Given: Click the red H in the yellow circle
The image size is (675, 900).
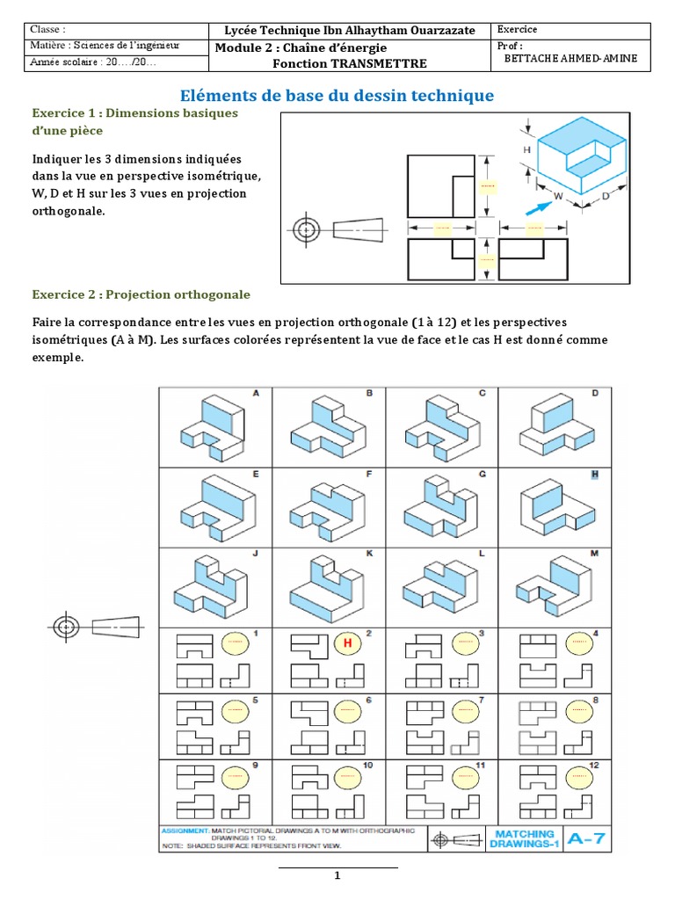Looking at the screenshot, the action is point(347,642).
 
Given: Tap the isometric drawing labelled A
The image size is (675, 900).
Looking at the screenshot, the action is point(213,428).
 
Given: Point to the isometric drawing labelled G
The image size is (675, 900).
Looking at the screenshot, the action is point(441,507).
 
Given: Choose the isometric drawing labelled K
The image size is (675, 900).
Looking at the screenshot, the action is point(326,589).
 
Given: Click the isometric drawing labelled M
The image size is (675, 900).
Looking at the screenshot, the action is point(554,586).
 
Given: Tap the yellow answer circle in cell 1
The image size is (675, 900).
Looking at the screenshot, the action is point(236,642).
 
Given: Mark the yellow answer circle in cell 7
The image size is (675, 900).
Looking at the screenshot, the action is point(466,712).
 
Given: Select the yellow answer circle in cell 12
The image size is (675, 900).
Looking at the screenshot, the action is point(579,779).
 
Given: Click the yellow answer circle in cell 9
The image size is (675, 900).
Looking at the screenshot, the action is point(236,779).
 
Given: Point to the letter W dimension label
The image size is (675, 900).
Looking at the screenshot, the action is point(557,196).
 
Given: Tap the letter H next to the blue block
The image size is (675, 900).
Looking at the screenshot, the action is point(527,149).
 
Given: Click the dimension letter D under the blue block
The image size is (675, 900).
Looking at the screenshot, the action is point(606,196).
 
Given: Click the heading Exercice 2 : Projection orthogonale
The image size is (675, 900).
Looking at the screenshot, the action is point(142,295).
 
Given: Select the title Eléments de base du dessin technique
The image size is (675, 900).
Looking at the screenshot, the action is point(337,95).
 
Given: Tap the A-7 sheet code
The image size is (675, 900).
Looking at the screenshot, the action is point(586,838).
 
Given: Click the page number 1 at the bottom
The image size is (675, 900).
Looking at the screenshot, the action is point(337,875).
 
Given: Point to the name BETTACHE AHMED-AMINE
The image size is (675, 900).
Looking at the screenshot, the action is point(570,58).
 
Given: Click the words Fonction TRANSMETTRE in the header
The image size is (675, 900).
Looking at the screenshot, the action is point(350,63).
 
